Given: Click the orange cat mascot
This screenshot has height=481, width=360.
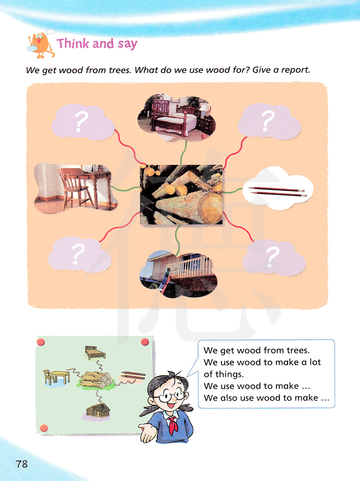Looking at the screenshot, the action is [x=41, y=45].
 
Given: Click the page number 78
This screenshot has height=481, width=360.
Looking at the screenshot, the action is [x=22, y=464].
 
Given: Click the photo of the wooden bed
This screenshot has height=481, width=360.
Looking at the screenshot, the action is [x=177, y=117].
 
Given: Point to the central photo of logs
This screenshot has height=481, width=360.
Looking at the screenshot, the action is [x=181, y=194].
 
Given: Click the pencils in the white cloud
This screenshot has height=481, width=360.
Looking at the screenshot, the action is [x=278, y=192].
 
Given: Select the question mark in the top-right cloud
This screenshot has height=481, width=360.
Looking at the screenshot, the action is [x=267, y=121].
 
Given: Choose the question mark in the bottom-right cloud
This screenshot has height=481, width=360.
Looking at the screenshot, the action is [x=273, y=257].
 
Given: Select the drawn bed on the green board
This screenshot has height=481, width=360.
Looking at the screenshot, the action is [x=95, y=352].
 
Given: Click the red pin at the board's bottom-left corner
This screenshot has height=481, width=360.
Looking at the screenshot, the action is [x=44, y=427].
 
